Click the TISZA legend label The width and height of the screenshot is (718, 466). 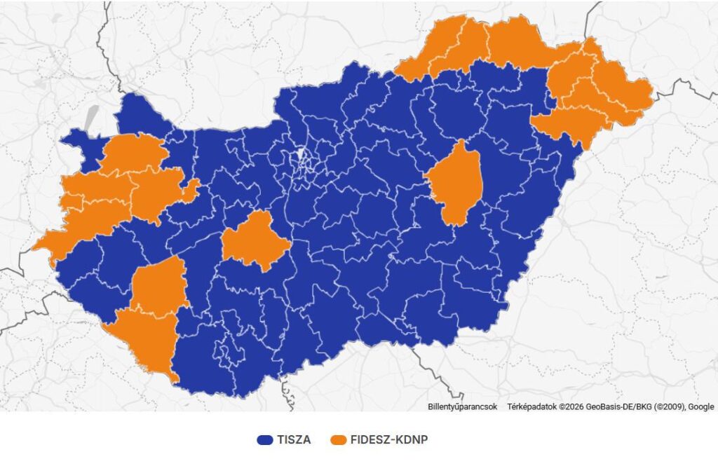[x=294, y=440]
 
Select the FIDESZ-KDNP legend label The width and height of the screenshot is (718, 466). [x=388, y=440]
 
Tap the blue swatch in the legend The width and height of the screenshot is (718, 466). [x=265, y=440]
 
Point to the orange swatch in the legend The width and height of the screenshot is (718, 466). [x=340, y=440]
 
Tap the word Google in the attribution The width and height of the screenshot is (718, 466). [x=701, y=406]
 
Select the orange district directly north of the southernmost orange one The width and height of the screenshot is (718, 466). [x=160, y=284]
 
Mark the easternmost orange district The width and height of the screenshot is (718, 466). [x=624, y=98]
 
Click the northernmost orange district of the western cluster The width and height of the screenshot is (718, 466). [x=133, y=151]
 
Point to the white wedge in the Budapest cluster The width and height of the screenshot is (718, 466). [x=302, y=154]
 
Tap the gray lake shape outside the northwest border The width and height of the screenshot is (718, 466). [x=90, y=118]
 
